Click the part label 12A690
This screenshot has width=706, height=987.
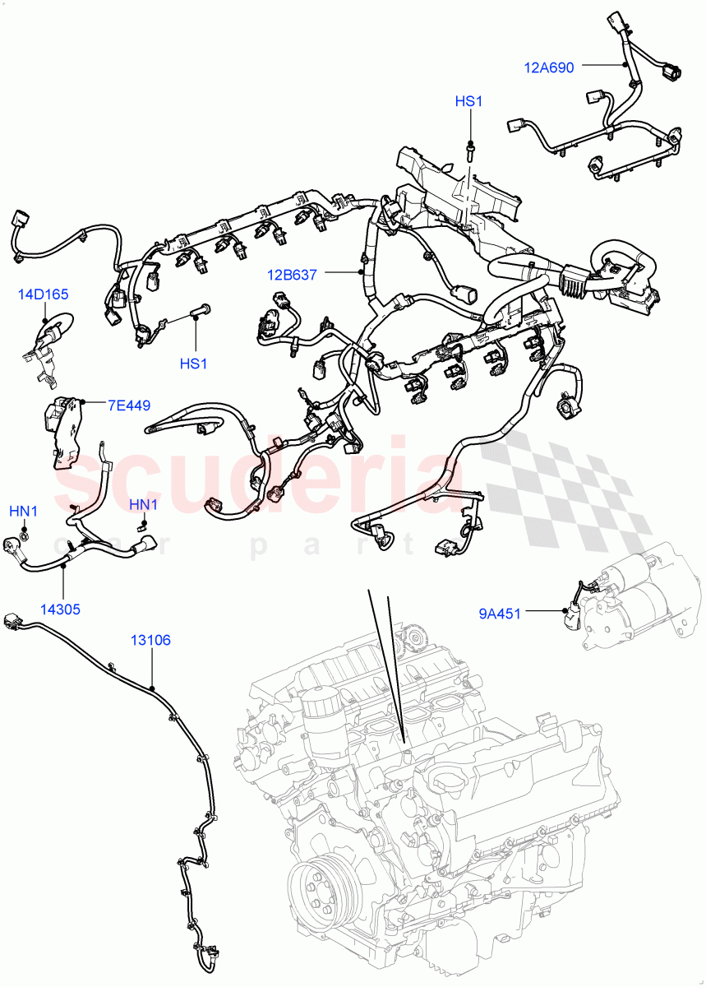click(549, 67)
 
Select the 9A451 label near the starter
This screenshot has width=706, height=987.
click(500, 612)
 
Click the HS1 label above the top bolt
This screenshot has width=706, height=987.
click(468, 101)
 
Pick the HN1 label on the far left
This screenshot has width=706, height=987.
click(24, 511)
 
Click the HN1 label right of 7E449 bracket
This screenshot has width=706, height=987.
click(144, 504)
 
